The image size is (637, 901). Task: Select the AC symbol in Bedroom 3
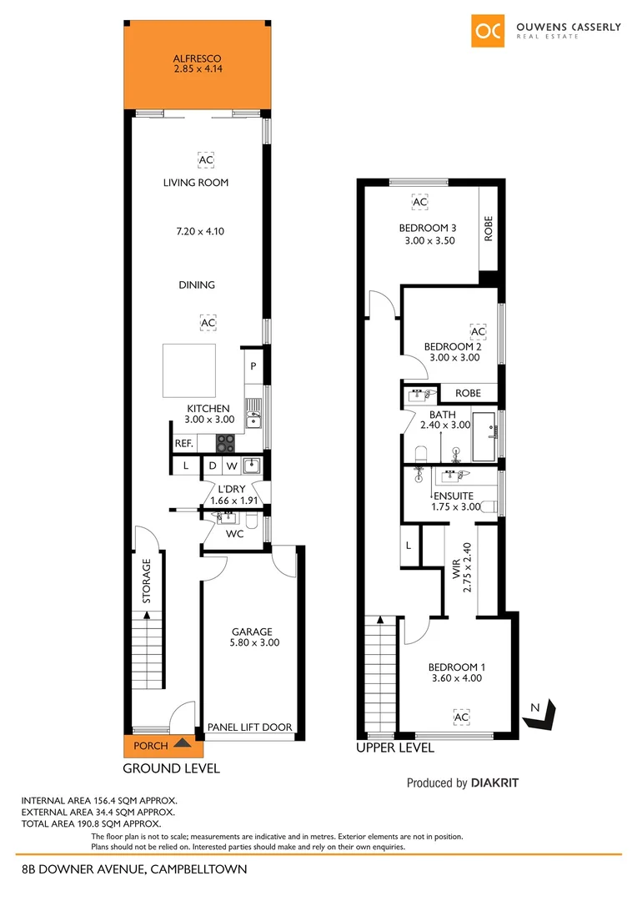point(419,202)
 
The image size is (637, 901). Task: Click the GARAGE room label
point(252,632)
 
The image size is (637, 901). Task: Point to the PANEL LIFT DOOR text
point(250,727)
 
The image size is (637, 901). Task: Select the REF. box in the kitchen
point(183,444)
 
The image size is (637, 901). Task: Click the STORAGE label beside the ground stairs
point(146,581)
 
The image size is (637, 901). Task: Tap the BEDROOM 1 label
point(455,667)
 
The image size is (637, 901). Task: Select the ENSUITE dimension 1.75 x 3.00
point(456,506)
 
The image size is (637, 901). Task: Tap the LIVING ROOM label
point(196,183)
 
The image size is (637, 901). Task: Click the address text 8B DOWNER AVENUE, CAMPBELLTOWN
point(134,869)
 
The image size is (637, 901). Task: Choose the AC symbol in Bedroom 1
point(460,717)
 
